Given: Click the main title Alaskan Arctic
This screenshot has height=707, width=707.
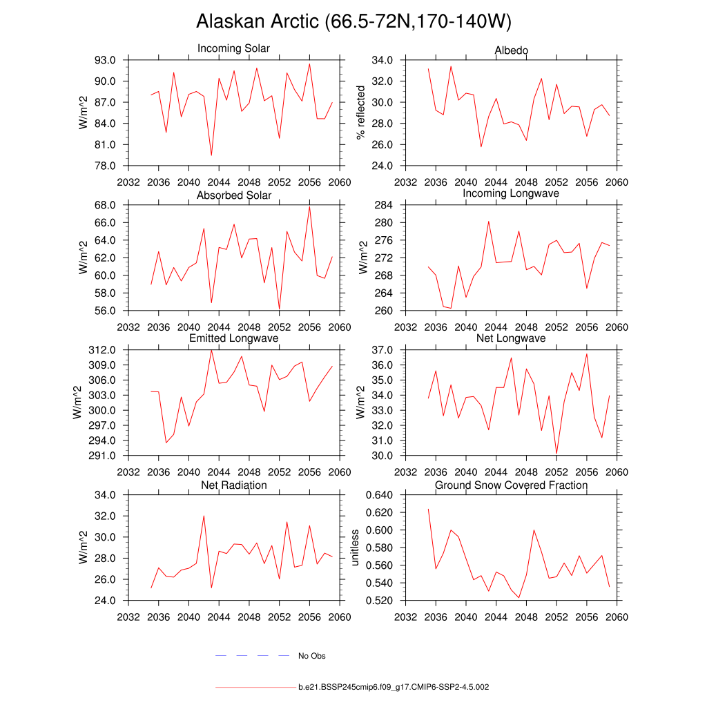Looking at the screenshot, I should [353, 21].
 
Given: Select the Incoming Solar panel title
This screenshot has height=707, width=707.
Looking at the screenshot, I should [233, 49].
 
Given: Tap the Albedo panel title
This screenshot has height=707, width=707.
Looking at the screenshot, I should [512, 50].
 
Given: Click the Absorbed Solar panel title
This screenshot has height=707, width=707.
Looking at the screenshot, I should [234, 195].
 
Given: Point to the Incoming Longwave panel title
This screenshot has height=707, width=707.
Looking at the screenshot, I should [511, 194].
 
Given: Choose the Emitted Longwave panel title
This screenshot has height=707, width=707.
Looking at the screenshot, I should [234, 338].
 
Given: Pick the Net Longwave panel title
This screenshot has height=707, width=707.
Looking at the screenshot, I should [511, 338].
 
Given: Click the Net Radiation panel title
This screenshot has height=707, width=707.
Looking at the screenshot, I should [234, 485].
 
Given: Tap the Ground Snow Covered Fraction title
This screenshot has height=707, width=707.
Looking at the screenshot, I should [511, 485].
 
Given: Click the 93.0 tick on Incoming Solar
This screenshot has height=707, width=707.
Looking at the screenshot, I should [108, 60].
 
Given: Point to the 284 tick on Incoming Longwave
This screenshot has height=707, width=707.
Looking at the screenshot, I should [384, 206].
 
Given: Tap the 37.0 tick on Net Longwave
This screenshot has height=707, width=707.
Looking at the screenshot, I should [384, 350].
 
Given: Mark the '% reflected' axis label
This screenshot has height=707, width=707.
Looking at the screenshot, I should [360, 113].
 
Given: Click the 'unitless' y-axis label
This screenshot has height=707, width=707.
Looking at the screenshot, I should [355, 548].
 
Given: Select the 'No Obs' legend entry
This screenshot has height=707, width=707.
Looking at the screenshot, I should [311, 656].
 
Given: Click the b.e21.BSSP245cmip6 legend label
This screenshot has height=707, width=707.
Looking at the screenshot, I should [394, 688].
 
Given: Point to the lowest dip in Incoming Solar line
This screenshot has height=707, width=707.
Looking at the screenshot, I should [211, 155].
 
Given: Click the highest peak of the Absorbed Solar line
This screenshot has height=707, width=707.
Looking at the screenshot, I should [309, 206].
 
